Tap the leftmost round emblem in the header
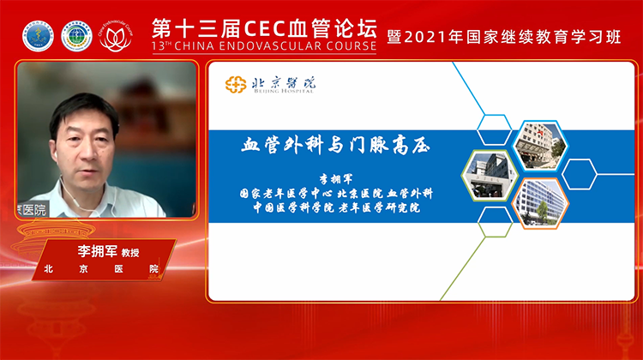pyautogui.click(x=37, y=37)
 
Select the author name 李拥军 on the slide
pyautogui.click(x=331, y=180)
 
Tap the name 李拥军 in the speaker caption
pyautogui.click(x=78, y=252)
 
